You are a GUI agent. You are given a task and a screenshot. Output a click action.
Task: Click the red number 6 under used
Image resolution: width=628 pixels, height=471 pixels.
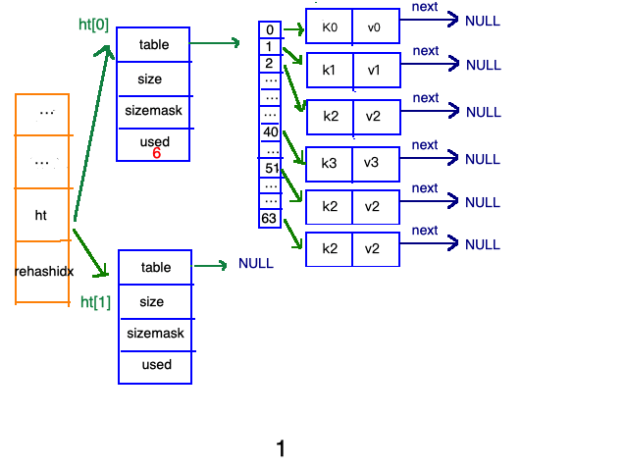click(157, 153)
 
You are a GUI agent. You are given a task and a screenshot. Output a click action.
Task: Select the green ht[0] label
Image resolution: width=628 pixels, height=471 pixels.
click(94, 25)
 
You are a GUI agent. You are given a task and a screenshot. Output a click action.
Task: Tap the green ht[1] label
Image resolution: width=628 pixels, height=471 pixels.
click(95, 301)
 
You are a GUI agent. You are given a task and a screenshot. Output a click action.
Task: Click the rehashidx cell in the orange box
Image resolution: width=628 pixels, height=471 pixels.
click(43, 272)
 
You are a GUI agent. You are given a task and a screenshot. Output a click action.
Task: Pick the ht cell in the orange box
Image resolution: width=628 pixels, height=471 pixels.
click(41, 215)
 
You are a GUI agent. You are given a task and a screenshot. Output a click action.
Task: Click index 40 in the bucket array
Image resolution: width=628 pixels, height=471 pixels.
click(271, 131)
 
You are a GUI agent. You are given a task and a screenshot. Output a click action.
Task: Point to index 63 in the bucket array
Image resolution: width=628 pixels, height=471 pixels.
click(269, 218)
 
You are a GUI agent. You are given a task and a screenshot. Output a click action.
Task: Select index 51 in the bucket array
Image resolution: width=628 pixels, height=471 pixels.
click(272, 168)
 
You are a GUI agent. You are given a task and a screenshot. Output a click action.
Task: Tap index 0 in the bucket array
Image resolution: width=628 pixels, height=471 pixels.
click(270, 29)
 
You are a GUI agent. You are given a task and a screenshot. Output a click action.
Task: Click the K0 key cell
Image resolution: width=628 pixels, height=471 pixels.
click(330, 26)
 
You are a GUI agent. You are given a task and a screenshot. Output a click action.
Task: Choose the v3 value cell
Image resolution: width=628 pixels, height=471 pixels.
click(376, 164)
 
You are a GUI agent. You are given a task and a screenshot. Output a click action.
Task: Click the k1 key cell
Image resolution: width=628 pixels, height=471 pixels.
click(330, 70)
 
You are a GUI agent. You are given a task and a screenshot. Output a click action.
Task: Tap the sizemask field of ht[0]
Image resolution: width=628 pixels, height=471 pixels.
click(153, 111)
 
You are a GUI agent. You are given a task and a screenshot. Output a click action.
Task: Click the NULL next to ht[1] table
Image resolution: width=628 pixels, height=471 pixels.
click(256, 263)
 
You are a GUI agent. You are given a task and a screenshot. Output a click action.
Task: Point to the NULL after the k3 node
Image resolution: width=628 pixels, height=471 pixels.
click(483, 159)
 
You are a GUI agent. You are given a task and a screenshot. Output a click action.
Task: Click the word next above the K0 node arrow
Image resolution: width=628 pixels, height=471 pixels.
click(425, 7)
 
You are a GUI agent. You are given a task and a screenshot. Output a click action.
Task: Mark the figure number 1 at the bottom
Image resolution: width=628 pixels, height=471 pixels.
click(281, 448)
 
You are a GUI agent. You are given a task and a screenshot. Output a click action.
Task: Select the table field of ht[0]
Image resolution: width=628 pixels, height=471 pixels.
click(154, 44)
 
